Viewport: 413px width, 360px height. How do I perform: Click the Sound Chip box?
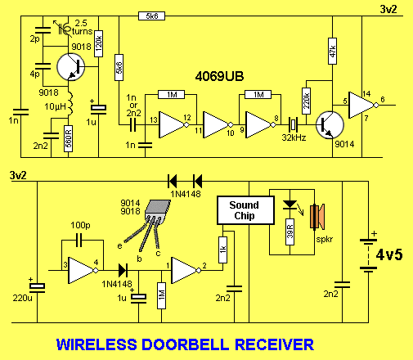click(x=244, y=210)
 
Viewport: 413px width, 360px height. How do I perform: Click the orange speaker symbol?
click(x=315, y=220)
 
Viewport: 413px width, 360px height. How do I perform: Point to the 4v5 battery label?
click(x=390, y=254)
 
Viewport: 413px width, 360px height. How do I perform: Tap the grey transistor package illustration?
click(x=158, y=214)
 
